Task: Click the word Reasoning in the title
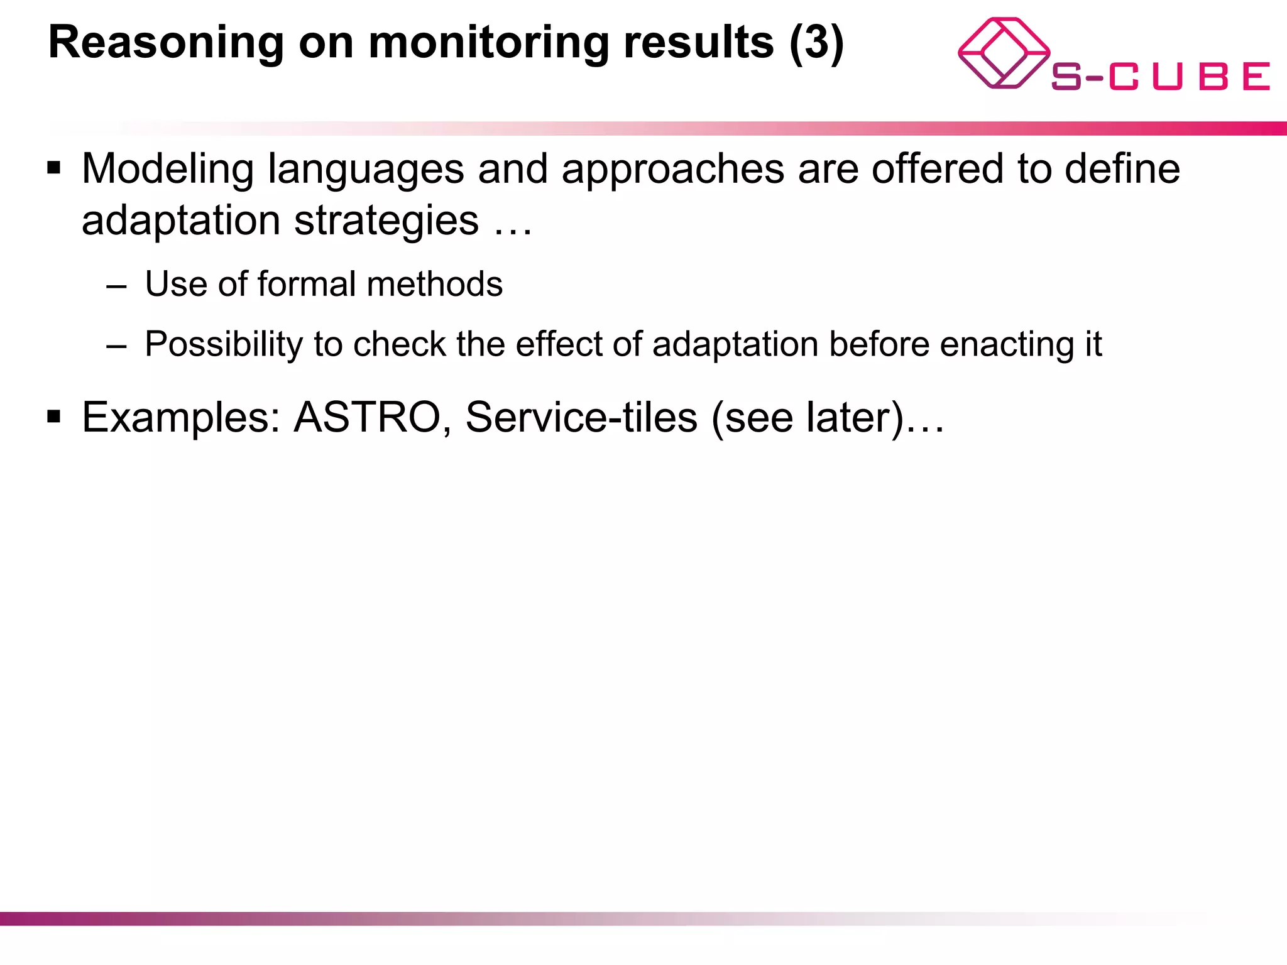166,43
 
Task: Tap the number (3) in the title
816,43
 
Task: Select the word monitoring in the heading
488,43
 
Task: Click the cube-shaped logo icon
1003,53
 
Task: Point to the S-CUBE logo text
1160,77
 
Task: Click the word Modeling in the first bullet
167,170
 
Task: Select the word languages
366,170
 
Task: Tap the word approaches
673,170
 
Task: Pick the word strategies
386,221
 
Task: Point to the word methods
435,284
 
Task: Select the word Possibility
224,344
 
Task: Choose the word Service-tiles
581,417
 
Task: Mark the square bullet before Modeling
54,168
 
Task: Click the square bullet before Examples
54,416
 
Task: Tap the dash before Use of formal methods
117,286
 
